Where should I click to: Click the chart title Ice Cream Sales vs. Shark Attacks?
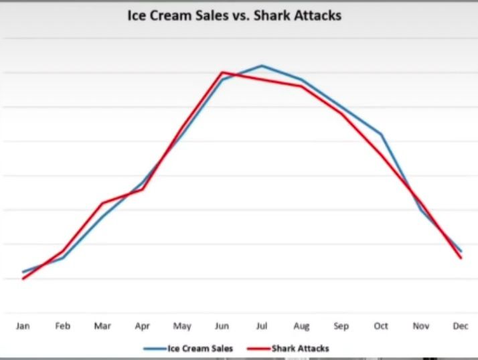pyautogui.click(x=234, y=15)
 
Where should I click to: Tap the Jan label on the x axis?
pyautogui.click(x=23, y=326)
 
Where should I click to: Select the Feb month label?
pyautogui.click(x=62, y=326)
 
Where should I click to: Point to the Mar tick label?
pyautogui.click(x=102, y=326)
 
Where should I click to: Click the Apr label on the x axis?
pyautogui.click(x=142, y=327)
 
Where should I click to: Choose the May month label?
pyautogui.click(x=181, y=327)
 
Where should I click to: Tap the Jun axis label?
pyautogui.click(x=222, y=326)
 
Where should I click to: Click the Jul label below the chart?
pyautogui.click(x=261, y=326)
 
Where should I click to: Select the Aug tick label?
pyautogui.click(x=301, y=327)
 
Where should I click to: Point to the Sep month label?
pyautogui.click(x=341, y=327)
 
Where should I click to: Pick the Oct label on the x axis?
pyautogui.click(x=380, y=326)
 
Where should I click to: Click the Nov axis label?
pyautogui.click(x=420, y=326)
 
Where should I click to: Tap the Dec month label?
pyautogui.click(x=460, y=326)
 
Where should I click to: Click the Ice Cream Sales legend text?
pyautogui.click(x=200, y=348)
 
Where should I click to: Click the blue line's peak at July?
pyautogui.click(x=262, y=66)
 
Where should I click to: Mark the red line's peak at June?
pyautogui.click(x=222, y=72)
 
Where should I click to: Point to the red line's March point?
pyautogui.click(x=102, y=203)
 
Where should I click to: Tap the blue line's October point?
pyautogui.click(x=381, y=134)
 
